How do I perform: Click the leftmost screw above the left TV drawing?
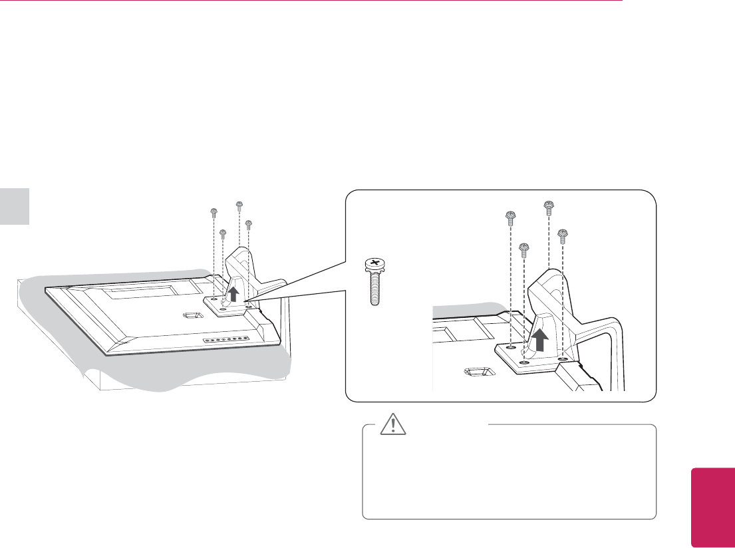coord(214,213)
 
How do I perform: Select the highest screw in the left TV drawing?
coord(239,205)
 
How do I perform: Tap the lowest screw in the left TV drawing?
coord(223,234)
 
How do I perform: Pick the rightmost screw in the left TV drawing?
coord(248,223)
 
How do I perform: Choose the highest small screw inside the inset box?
coord(549,207)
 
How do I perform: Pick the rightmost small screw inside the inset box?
coord(563,235)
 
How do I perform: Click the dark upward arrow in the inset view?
coord(541,337)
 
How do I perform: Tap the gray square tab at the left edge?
coord(15,206)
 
